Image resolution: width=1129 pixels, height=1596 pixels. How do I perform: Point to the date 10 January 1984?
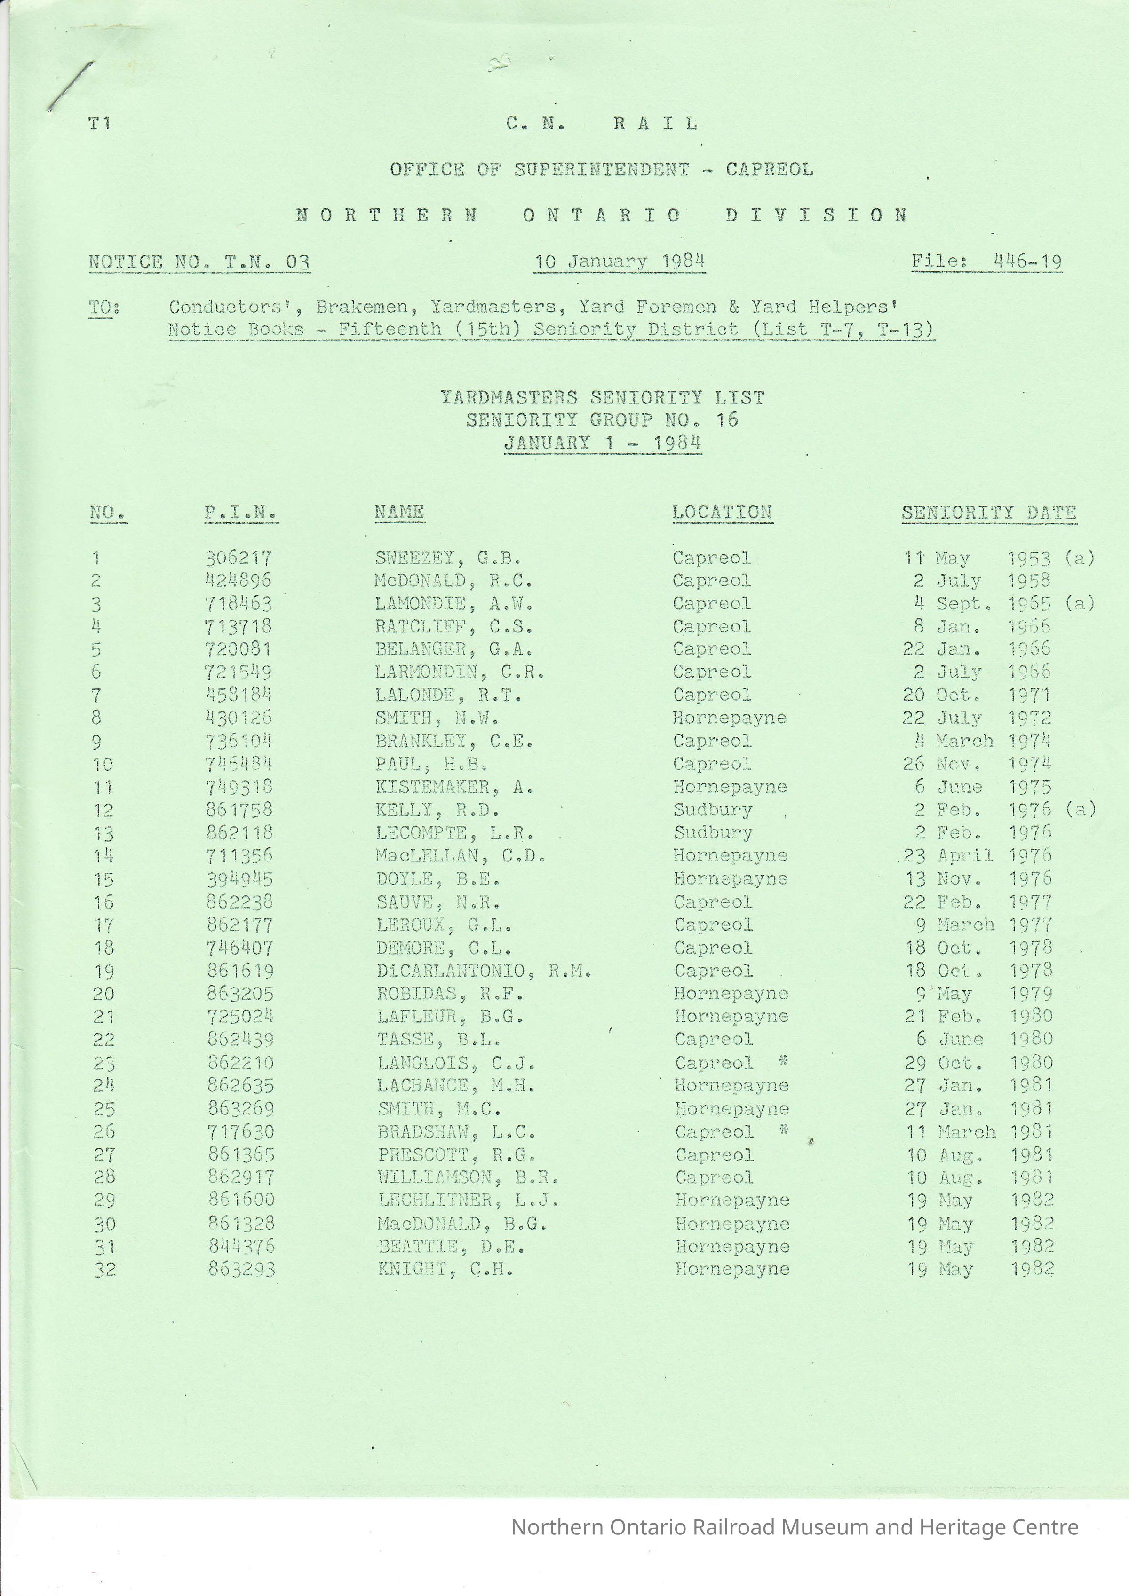pyautogui.click(x=619, y=261)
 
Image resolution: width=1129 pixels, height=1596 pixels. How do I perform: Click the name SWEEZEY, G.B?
pyautogui.click(x=448, y=558)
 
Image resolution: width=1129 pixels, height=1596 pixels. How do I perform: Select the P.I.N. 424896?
pyautogui.click(x=239, y=580)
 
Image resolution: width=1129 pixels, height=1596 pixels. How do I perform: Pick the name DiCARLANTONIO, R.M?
pyautogui.click(x=484, y=971)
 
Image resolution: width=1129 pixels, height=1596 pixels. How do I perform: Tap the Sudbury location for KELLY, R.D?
pyautogui.click(x=713, y=810)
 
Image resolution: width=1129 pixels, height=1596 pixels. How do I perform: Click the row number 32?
pyautogui.click(x=104, y=1270)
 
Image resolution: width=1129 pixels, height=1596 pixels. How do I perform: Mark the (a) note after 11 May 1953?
pyautogui.click(x=1080, y=558)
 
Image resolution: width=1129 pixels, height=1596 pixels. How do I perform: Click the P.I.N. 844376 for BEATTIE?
pyautogui.click(x=241, y=1246)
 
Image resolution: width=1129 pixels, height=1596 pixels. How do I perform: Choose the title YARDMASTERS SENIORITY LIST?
pyautogui.click(x=602, y=398)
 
